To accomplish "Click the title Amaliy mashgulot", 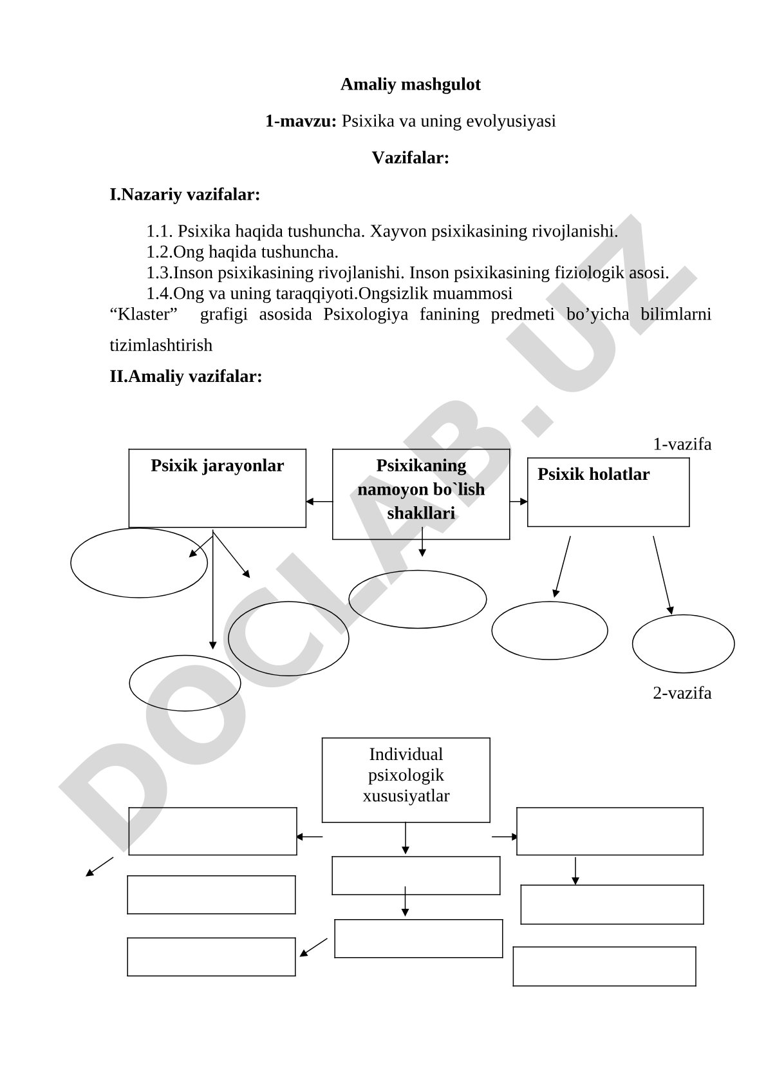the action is [x=411, y=84].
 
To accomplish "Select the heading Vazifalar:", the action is [x=411, y=158].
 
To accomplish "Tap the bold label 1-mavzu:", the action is [x=301, y=121].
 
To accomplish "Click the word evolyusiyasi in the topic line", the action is [x=510, y=122].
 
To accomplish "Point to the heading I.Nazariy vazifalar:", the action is [x=185, y=195].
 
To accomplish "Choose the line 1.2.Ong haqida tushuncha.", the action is [x=242, y=252].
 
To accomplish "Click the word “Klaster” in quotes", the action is [x=144, y=314].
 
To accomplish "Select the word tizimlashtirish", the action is [x=161, y=345].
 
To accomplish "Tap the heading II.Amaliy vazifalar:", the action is [x=186, y=376].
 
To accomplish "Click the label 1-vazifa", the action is [x=682, y=444].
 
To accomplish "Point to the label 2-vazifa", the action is [x=682, y=693].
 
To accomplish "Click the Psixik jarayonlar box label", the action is [x=217, y=466].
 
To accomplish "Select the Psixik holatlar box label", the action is [x=593, y=474].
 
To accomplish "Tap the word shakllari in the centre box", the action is [x=421, y=513].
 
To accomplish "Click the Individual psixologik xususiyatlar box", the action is [x=406, y=780].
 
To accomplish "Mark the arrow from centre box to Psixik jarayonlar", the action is [x=319, y=501].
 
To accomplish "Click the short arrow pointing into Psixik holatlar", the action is [x=518, y=501].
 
